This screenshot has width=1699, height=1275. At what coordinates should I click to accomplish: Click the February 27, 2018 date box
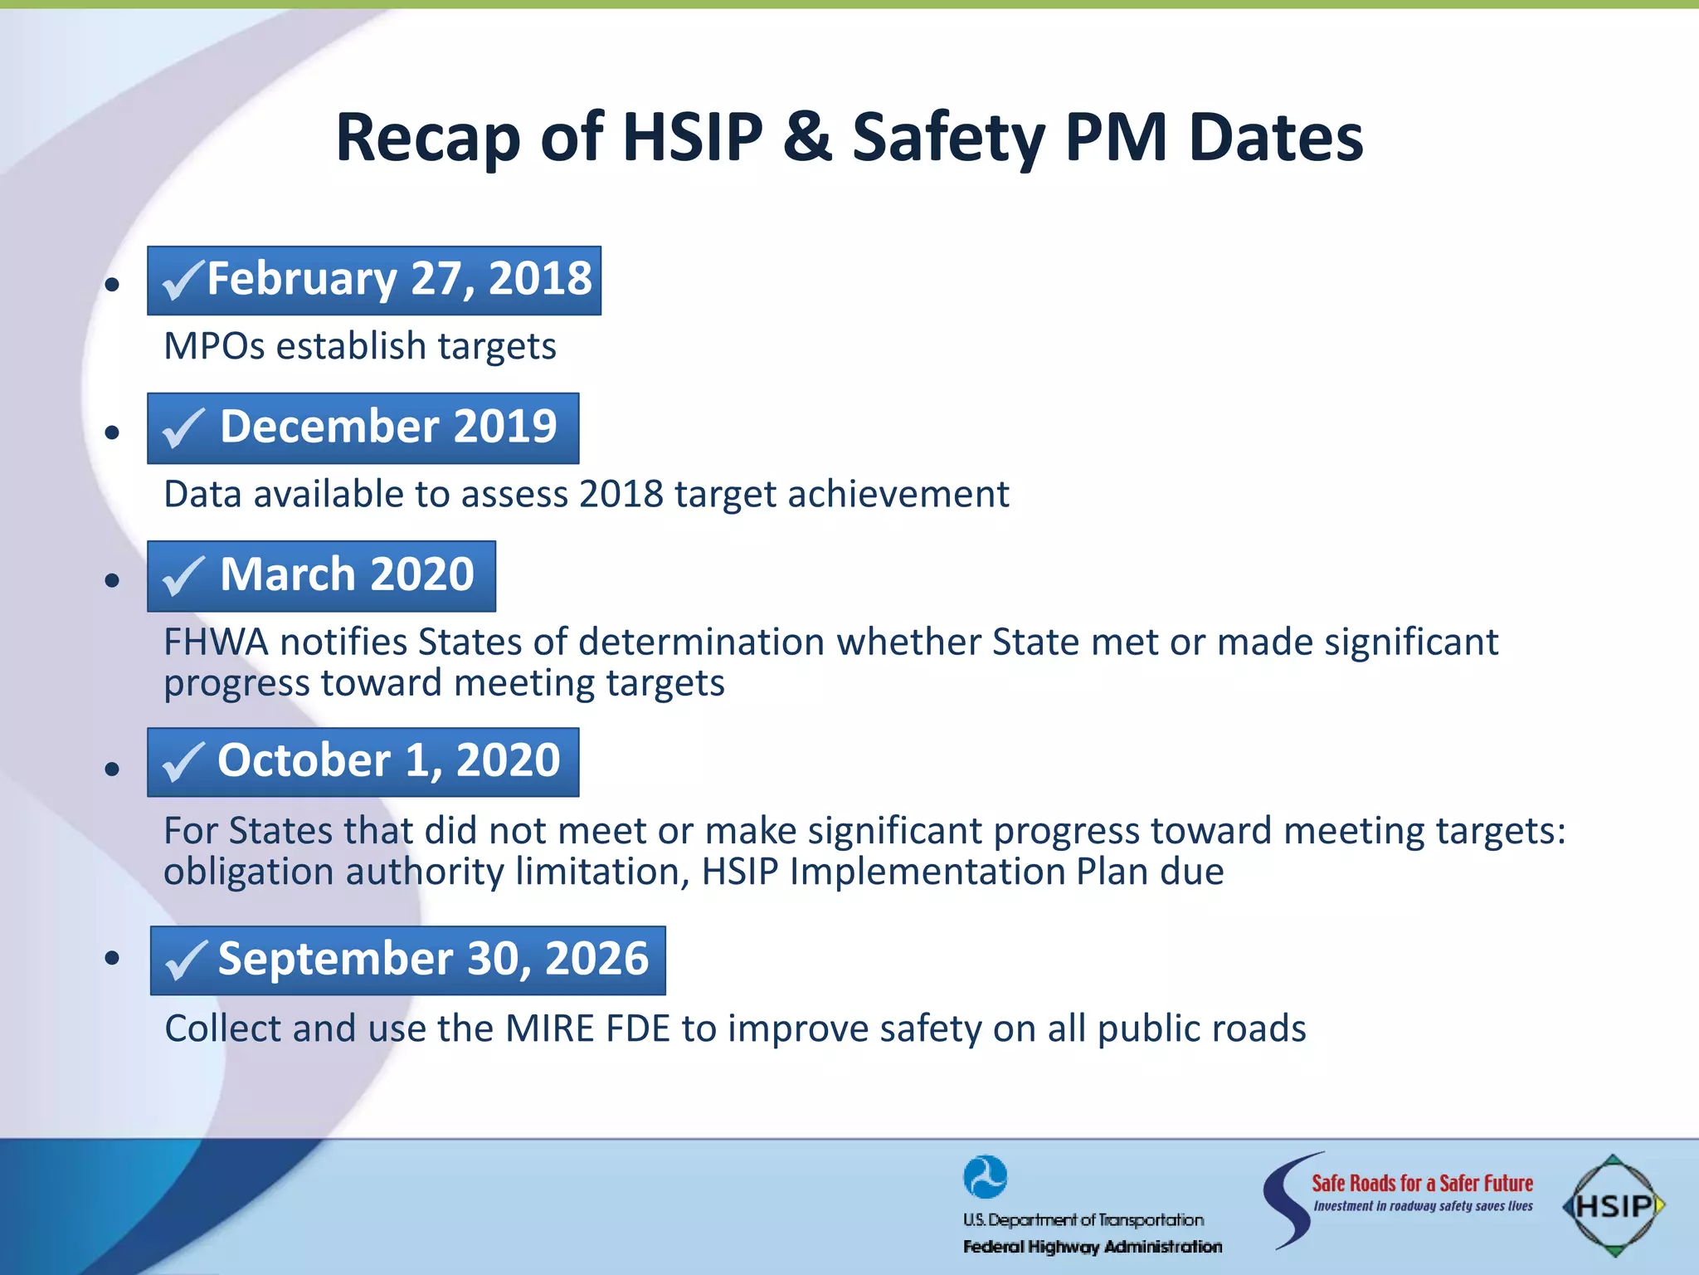coord(374,281)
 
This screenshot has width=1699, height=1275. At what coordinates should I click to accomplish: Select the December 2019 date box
coord(363,427)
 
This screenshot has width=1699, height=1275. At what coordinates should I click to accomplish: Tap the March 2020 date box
coord(322,576)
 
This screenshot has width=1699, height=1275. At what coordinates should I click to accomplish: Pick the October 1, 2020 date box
coord(363,762)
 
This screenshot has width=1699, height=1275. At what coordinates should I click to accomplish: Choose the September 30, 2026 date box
coord(408,960)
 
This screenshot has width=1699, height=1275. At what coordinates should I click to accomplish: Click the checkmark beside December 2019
coord(183,429)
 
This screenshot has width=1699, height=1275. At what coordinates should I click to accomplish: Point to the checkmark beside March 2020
coord(183,577)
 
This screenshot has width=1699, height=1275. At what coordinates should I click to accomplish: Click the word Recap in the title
coord(427,138)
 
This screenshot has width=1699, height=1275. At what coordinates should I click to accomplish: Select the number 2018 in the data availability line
coord(621,494)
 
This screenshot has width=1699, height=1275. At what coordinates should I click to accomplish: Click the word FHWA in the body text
coord(216,642)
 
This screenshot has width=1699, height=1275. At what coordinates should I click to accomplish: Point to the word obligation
coord(249,872)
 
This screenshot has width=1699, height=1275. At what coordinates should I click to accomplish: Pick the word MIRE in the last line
coord(549,1028)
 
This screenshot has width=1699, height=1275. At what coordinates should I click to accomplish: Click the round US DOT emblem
coord(985,1177)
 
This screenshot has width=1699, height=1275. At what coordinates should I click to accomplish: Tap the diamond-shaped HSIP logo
coord(1612,1205)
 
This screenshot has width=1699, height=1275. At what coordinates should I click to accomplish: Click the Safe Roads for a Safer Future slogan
coord(1422,1183)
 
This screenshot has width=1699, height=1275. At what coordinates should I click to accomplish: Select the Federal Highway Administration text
coord(1092,1247)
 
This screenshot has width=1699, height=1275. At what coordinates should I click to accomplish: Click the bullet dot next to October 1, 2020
coord(113,769)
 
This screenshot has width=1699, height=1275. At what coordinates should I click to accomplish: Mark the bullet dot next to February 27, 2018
coord(113,285)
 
